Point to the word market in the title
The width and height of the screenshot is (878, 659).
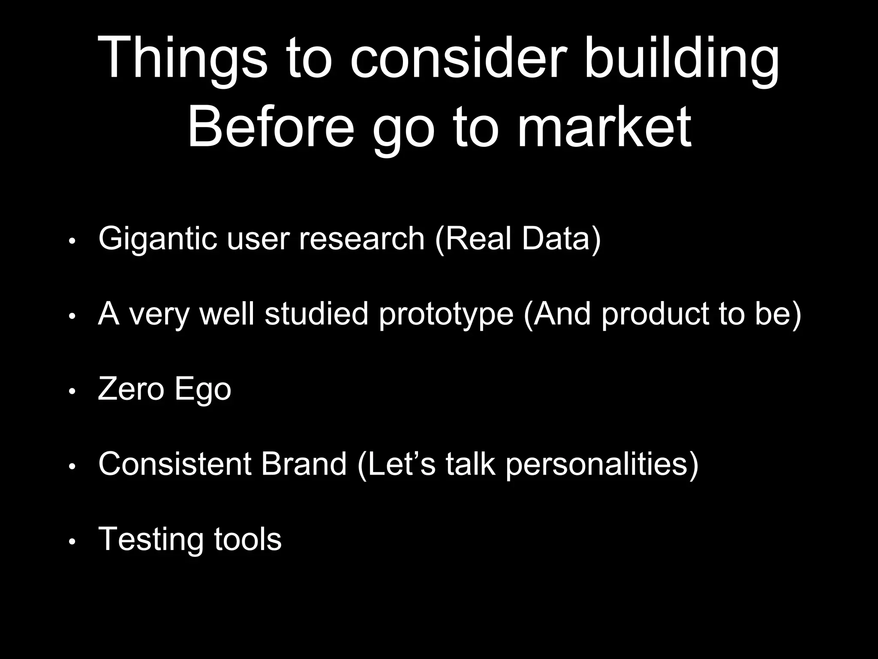tap(604, 127)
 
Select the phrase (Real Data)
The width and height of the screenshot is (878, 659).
tap(518, 239)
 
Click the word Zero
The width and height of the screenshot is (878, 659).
tap(131, 389)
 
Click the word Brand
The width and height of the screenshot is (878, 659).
tap(304, 464)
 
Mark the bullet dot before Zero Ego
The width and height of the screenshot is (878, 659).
tap(72, 391)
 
